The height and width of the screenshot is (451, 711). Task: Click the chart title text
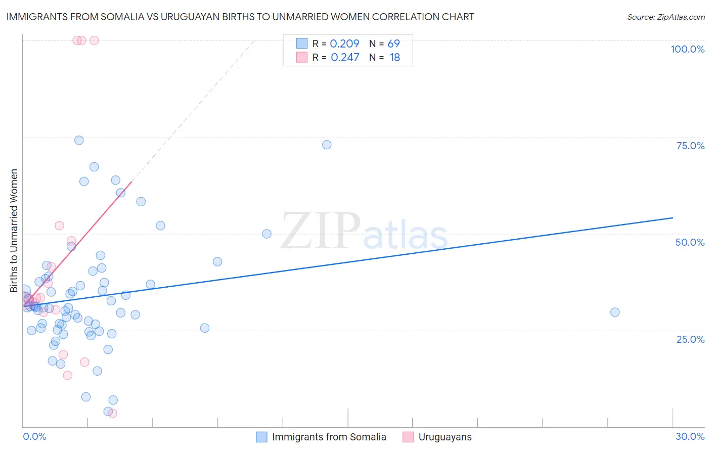tap(240, 17)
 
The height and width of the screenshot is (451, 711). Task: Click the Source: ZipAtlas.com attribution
tap(665, 17)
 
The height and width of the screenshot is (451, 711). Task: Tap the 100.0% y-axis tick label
tap(687, 49)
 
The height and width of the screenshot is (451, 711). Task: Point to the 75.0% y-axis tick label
tap(690, 146)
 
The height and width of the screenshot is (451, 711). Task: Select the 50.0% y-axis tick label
tap(690, 242)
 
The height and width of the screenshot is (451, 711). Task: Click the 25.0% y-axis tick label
tap(690, 339)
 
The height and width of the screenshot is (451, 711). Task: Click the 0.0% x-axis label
tap(34, 436)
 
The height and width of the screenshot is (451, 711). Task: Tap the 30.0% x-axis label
tap(690, 436)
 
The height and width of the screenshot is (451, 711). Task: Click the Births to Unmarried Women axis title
tap(14, 231)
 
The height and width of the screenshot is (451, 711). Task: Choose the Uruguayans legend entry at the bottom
tap(445, 437)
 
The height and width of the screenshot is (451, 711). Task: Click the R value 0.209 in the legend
tap(344, 44)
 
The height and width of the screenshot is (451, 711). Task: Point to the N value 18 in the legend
tap(394, 58)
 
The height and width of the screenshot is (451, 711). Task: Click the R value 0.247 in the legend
tap(345, 58)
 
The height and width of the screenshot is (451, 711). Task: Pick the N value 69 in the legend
tap(393, 44)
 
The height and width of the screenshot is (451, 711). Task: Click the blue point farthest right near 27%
tap(615, 312)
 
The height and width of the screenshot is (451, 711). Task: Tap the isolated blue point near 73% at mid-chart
tap(327, 145)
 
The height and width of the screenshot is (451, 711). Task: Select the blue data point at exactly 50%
tap(266, 234)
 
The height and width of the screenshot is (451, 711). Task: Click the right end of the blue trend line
tap(673, 218)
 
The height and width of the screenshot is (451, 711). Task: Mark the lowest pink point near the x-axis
tap(113, 413)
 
